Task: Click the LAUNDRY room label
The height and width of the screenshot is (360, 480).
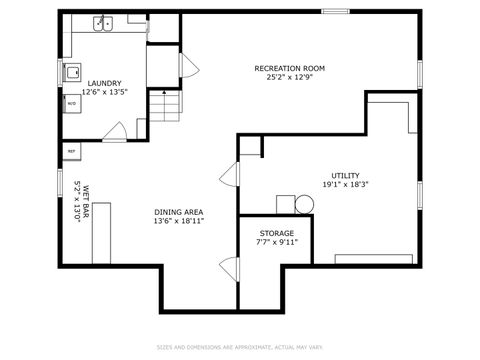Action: (104, 83)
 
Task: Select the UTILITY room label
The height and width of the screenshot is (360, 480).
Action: (346, 175)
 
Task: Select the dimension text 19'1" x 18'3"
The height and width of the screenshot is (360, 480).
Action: (346, 184)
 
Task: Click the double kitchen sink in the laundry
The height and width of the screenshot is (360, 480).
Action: (104, 23)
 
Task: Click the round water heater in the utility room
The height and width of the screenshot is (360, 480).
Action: (304, 205)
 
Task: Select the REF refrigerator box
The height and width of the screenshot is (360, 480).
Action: (71, 150)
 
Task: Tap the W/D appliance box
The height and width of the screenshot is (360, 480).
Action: (72, 103)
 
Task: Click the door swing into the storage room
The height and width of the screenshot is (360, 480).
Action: (228, 268)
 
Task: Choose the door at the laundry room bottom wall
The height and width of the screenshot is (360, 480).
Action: (116, 130)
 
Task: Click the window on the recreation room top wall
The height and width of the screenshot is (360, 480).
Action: (335, 12)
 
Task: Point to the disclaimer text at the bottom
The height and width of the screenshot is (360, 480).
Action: (240, 348)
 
